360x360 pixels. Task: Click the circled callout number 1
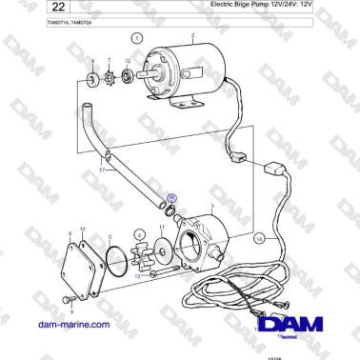136,39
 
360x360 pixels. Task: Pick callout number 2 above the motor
192,38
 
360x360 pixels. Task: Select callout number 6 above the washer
91,63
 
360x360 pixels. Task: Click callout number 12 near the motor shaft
128,62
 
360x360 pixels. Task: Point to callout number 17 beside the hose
104,170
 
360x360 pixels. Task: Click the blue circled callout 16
171,199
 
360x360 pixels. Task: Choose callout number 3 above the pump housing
210,204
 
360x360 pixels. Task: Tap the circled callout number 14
259,240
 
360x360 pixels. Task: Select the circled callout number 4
140,234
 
